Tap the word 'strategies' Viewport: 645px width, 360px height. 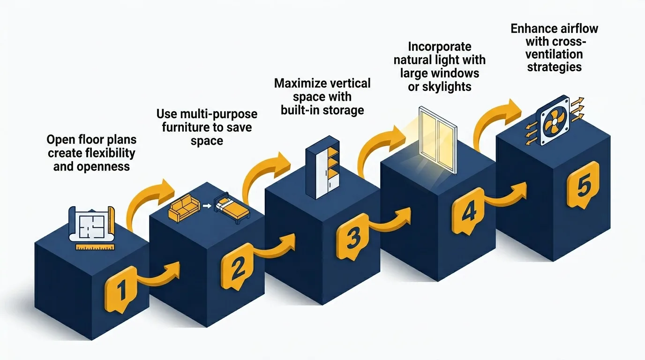coord(554,67)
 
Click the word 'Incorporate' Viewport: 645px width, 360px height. coord(439,47)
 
